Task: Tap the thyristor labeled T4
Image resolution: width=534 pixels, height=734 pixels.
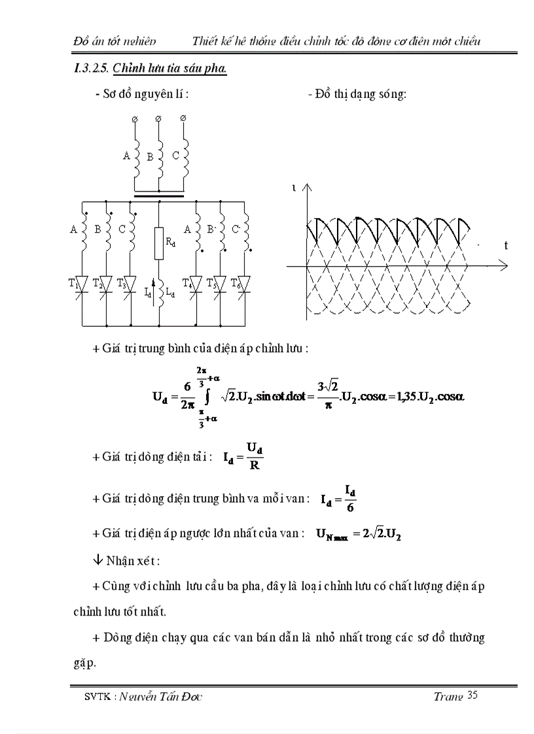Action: coord(194,285)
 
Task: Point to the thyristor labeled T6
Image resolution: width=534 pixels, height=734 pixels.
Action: coord(242,285)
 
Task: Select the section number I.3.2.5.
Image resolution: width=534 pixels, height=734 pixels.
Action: coord(91,69)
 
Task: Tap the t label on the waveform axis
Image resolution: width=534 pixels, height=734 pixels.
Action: coord(506,245)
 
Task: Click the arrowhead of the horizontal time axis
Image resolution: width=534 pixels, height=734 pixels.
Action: coord(503,266)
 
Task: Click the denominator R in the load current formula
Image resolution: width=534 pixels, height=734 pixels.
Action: coord(255,467)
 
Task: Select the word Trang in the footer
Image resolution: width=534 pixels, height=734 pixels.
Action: coord(448,696)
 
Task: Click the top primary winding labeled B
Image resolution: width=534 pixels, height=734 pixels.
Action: coord(159,156)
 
